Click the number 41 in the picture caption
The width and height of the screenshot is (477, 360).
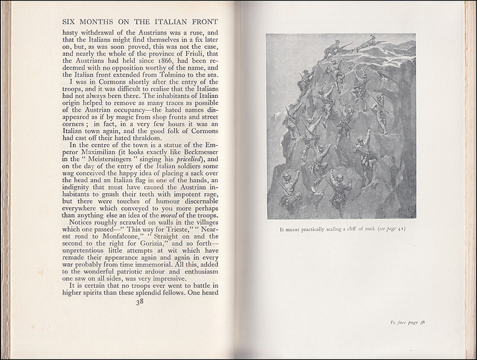(x=400, y=230)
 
